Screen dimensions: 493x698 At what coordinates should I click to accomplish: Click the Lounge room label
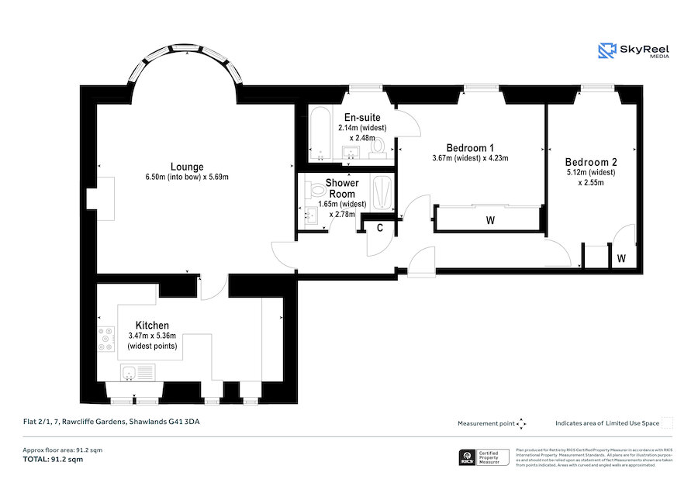pos(187,167)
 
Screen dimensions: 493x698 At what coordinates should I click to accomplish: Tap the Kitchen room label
pos(152,325)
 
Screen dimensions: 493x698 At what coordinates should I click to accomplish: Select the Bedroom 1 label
pos(470,147)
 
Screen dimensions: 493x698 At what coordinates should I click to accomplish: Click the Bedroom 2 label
pos(591,162)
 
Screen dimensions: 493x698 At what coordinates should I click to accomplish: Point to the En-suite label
pos(362,118)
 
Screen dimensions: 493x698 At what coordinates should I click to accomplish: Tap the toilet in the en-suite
pos(378,145)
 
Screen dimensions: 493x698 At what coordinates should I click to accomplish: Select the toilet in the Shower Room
pos(316,189)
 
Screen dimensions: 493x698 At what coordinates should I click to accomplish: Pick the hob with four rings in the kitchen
pos(105,340)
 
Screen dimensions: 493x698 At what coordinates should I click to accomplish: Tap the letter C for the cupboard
pos(380,228)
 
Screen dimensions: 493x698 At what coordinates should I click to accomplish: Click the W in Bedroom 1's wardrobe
pos(490,220)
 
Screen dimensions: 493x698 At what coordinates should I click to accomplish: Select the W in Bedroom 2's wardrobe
pos(622,257)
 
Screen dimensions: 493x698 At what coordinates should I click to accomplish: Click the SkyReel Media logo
pos(634,52)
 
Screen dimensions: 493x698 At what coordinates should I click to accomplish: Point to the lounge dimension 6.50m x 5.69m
pos(187,178)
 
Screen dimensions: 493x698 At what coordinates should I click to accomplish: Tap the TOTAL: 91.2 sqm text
pos(52,460)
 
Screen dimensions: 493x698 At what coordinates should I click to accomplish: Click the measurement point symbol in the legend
pos(522,423)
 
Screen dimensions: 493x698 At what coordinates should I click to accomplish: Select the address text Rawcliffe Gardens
pos(116,422)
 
